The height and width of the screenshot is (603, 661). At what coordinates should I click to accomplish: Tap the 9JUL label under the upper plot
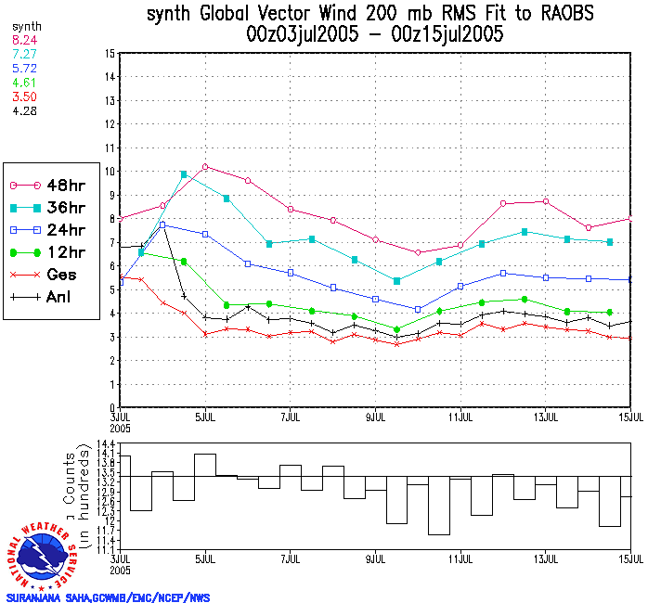[375, 417]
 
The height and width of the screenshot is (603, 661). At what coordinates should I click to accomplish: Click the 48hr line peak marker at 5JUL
[205, 167]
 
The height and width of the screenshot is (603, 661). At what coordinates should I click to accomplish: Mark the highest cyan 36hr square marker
[184, 173]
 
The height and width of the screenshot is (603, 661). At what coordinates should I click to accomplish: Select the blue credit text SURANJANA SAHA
[45, 597]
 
